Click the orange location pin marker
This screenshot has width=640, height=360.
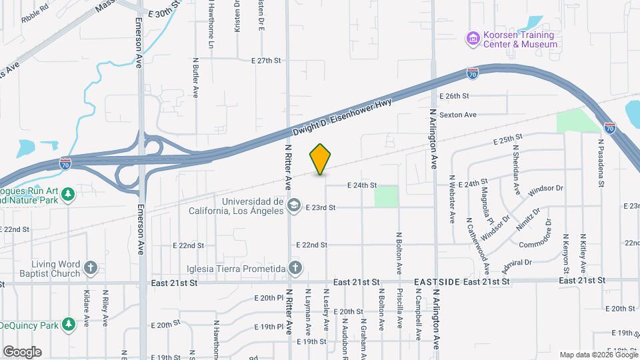click(x=320, y=159)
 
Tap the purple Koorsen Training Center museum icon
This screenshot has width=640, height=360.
click(x=473, y=39)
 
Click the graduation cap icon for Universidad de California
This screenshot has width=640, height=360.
click(x=293, y=207)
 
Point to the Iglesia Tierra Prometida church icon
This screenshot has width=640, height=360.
click(x=295, y=269)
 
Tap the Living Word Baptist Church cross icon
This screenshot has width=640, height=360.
click(x=91, y=269)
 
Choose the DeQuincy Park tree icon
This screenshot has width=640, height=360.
click(x=68, y=324)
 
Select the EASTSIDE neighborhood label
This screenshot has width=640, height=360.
click(x=437, y=283)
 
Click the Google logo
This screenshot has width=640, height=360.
click(x=22, y=352)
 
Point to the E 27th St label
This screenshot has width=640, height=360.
click(x=267, y=60)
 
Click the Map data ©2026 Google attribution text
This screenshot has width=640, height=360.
click(x=598, y=355)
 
